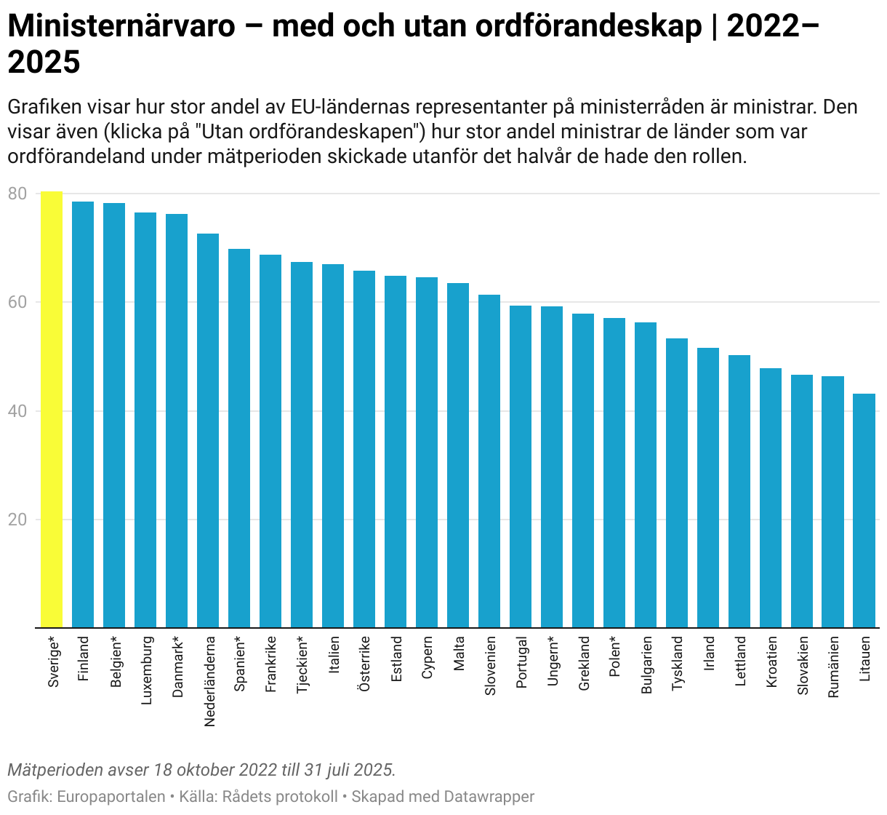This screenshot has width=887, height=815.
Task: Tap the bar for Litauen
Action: click(864, 510)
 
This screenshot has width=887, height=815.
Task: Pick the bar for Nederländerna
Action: click(208, 430)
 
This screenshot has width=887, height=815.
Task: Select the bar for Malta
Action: click(458, 455)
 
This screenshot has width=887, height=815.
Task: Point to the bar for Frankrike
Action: click(270, 440)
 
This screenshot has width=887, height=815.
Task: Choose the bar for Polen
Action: click(614, 472)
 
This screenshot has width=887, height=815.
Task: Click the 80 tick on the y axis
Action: click(17, 194)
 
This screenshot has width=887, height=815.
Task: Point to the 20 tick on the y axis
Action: click(17, 520)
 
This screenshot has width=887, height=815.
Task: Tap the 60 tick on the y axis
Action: click(17, 302)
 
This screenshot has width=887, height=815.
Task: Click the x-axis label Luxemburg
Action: click(146, 670)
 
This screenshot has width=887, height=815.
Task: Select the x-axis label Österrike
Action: click(365, 664)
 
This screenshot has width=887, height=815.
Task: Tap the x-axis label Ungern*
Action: click(553, 661)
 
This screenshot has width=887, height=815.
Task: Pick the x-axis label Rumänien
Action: click(833, 667)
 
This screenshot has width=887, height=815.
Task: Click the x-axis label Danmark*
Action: click(177, 667)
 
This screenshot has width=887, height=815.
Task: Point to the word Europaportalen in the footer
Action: click(111, 797)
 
